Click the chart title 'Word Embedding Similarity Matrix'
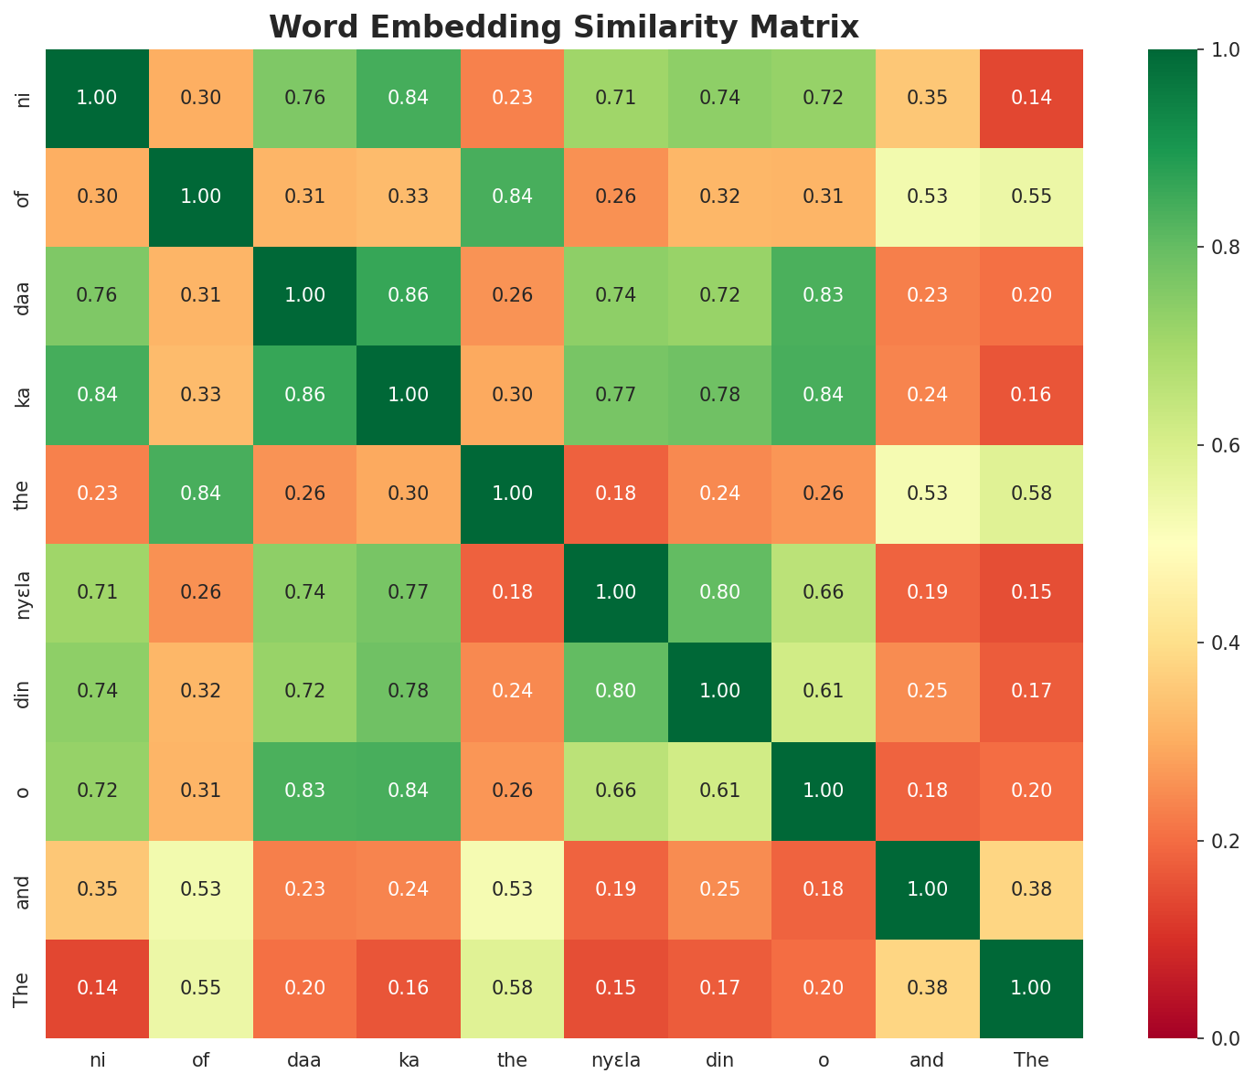(x=564, y=27)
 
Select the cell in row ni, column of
(x=201, y=98)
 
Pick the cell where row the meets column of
(x=201, y=494)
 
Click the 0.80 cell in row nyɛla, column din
(x=719, y=592)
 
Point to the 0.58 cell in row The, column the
(x=512, y=988)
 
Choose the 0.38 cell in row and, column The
(x=1031, y=889)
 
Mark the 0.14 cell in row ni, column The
(x=1031, y=98)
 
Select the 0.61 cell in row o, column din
(x=719, y=791)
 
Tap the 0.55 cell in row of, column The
(x=1031, y=197)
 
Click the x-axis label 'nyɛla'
(x=616, y=1060)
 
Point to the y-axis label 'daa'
(x=24, y=295)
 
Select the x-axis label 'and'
(x=927, y=1060)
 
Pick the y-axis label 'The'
(x=24, y=988)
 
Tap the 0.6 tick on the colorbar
(x=1212, y=445)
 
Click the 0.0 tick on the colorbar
(x=1212, y=1038)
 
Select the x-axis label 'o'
(x=824, y=1060)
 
